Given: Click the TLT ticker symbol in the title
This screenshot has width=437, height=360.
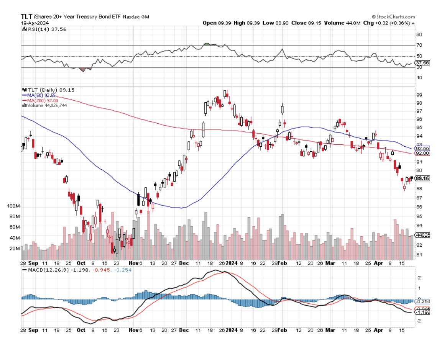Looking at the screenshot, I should pos(26,17).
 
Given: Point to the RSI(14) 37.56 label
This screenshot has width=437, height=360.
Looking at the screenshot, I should pos(44,29).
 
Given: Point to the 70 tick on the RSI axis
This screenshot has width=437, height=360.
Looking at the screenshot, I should pos(419,45).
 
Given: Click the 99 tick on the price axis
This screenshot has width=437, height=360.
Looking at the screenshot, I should pos(419,95).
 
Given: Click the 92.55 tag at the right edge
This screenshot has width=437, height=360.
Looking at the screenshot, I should pos(422,148).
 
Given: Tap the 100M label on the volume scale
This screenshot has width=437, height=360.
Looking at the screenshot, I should pos(13,206).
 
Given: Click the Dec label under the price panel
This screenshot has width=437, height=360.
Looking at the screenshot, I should pos(184,263).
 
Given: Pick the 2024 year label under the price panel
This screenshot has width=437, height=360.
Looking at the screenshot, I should pos(232,263).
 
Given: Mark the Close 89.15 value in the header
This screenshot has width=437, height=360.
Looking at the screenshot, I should pos(305,23).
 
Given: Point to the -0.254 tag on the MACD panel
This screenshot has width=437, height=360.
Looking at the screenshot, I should pos(422,302).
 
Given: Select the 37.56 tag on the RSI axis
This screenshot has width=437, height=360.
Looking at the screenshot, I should pos(422,63).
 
